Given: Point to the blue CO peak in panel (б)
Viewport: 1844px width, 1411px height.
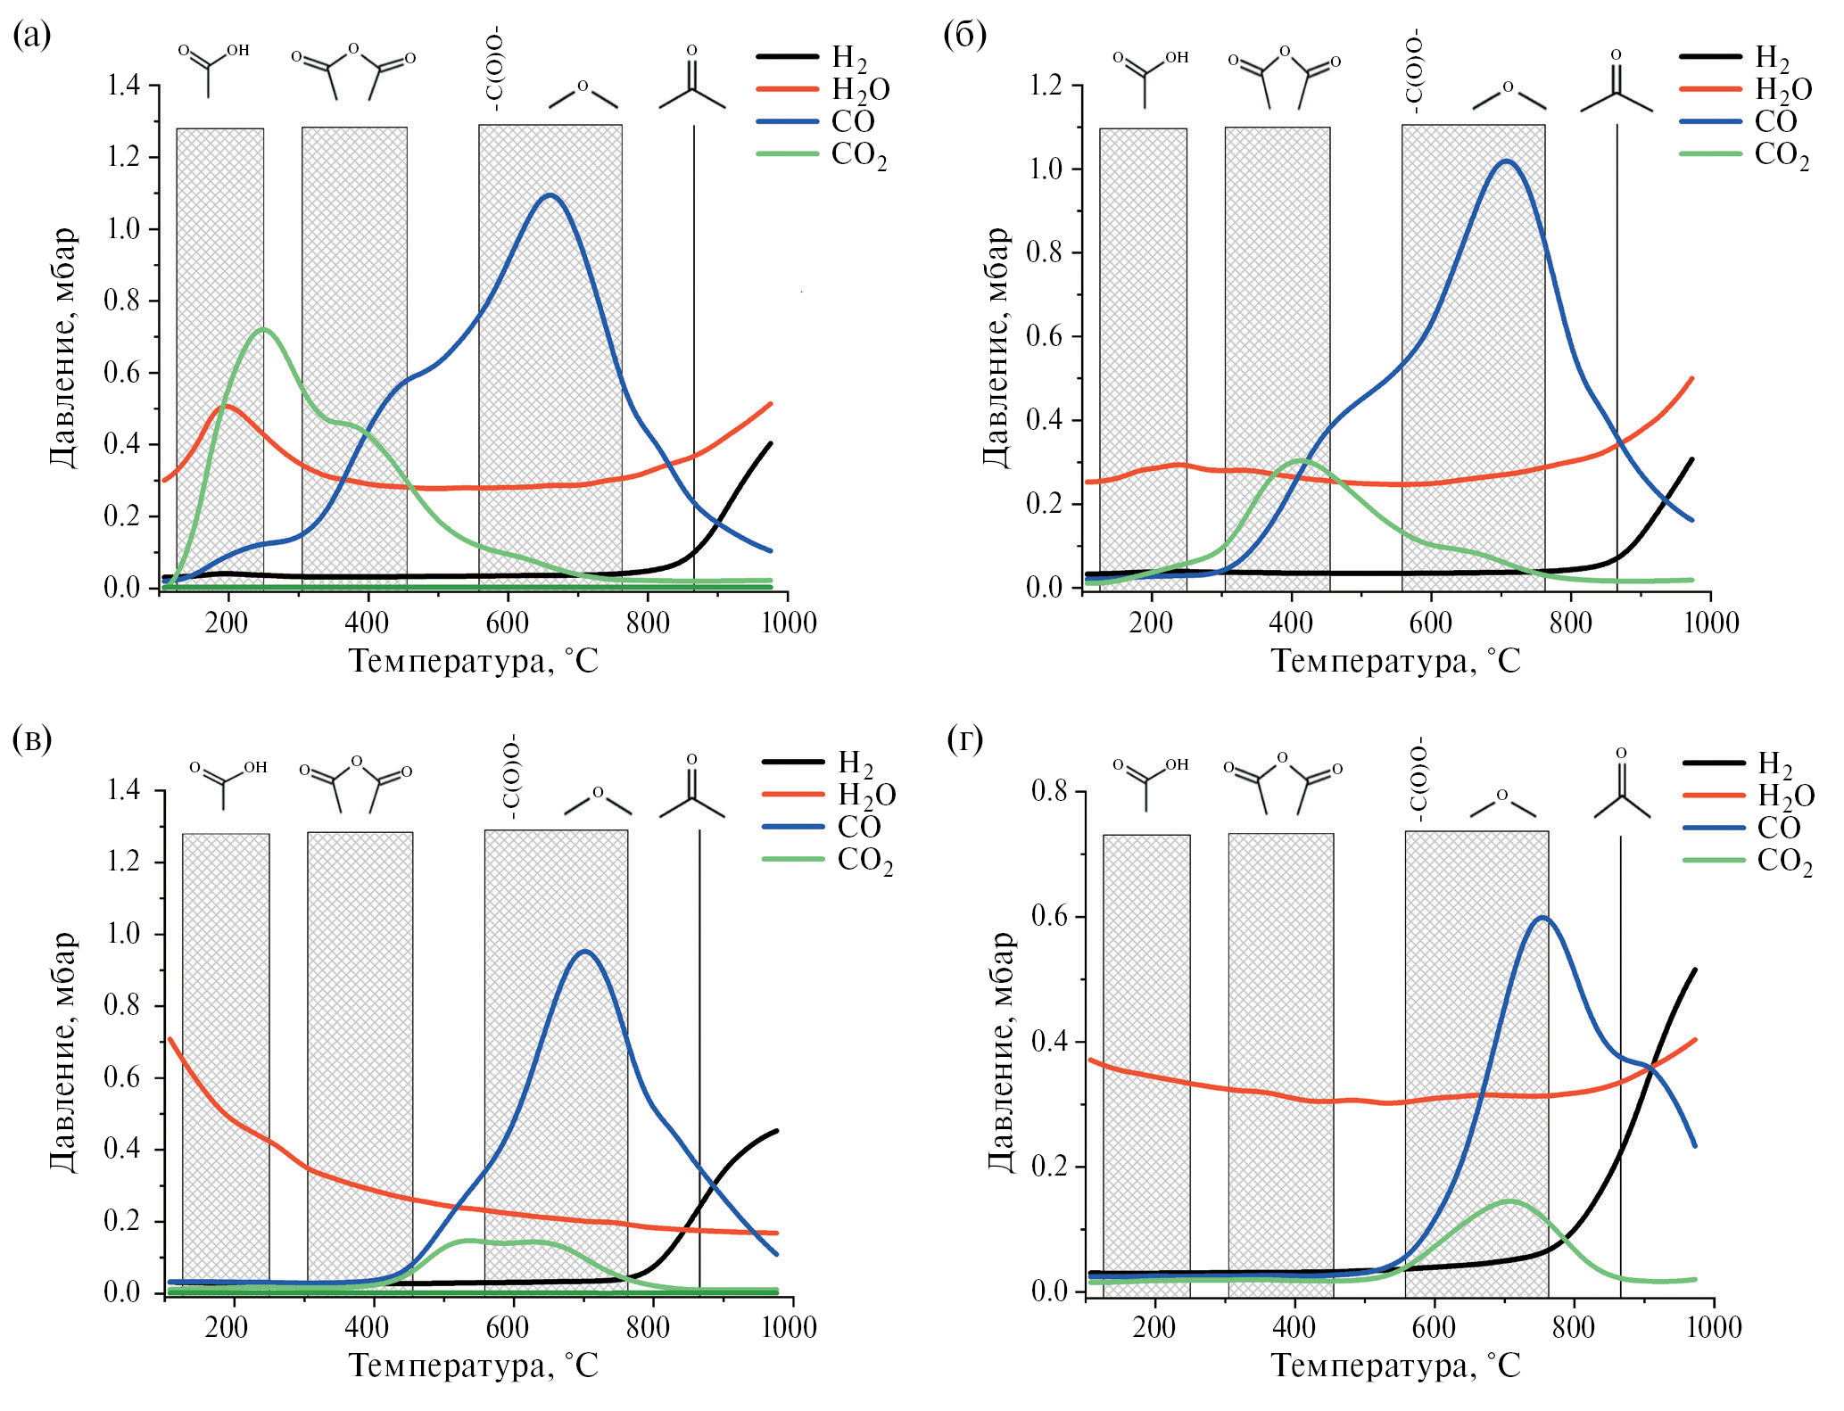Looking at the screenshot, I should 1507,161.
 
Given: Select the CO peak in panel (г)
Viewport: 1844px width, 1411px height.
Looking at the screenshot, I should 1542,918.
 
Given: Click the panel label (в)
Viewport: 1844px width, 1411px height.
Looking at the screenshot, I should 32,739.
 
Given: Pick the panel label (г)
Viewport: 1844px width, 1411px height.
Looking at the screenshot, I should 964,739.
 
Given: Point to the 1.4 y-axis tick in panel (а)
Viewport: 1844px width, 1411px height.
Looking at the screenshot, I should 123,86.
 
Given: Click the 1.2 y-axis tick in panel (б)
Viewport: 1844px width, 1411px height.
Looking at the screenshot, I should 1046,86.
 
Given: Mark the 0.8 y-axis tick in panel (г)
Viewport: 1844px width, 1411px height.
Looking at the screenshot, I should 1050,791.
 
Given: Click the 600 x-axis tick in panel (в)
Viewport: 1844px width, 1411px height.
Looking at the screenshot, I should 508,1327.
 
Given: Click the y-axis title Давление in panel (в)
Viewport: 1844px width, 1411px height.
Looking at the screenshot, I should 62,1052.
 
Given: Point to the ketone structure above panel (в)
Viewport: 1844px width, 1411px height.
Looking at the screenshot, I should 691,789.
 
